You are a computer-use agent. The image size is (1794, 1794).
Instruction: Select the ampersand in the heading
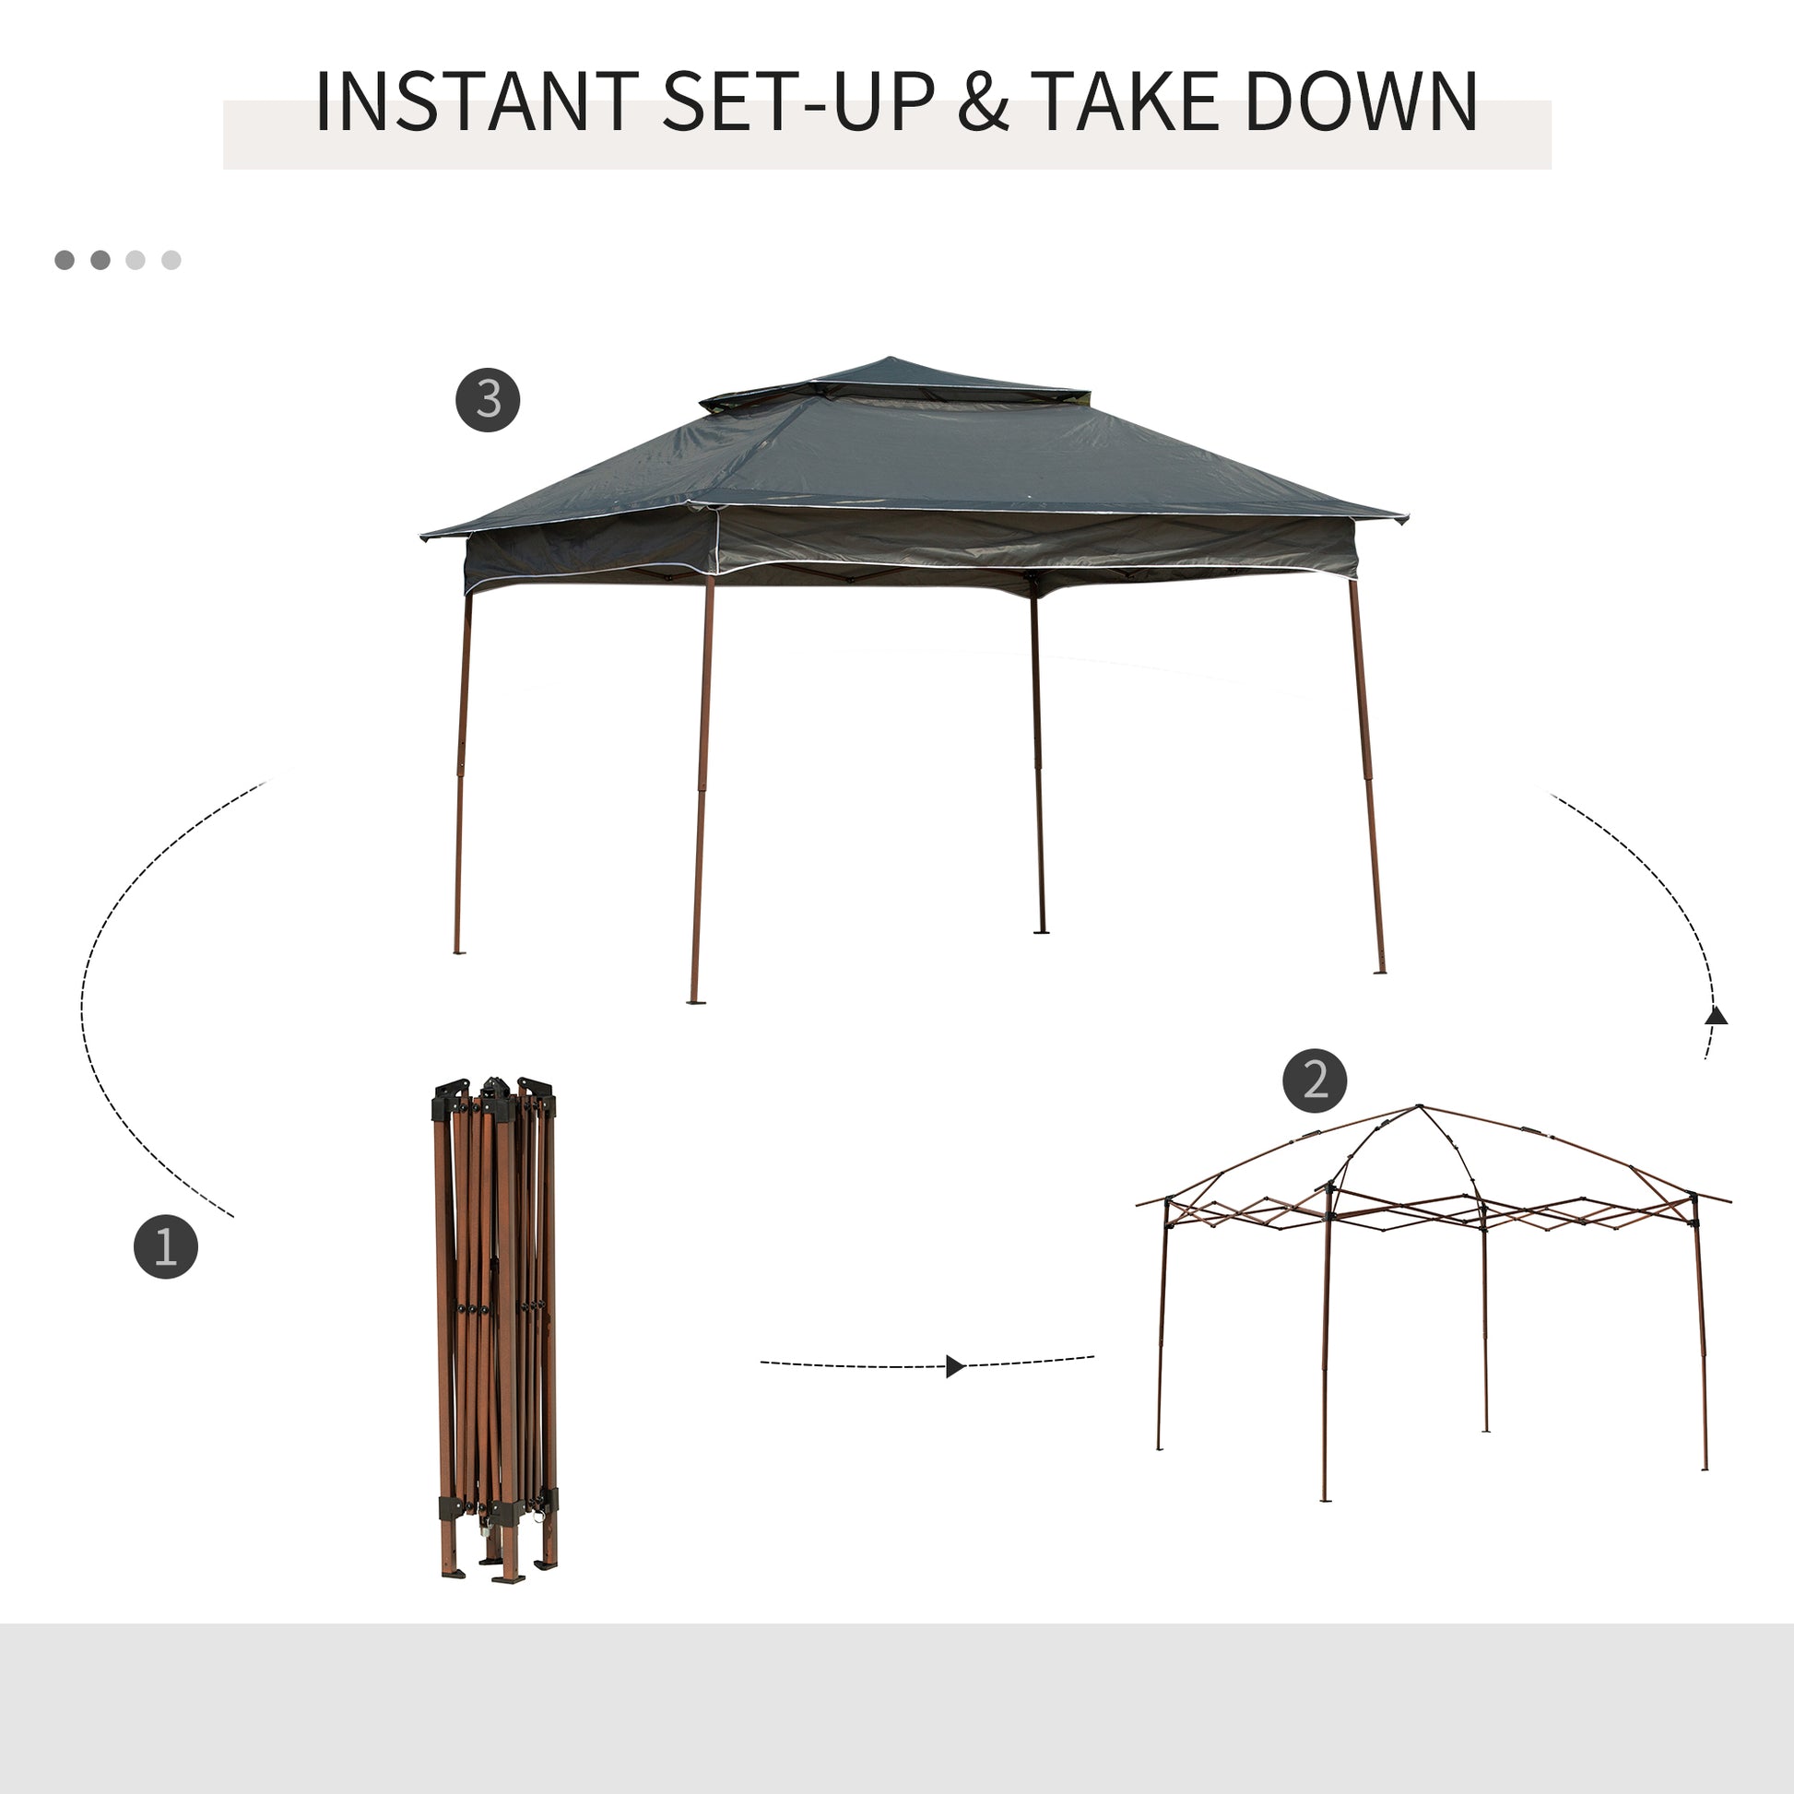click(x=984, y=101)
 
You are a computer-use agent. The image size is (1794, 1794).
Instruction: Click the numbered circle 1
click(x=165, y=1246)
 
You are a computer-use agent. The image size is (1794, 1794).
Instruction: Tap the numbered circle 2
click(x=1315, y=1080)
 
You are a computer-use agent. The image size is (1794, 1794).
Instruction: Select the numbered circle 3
click(x=488, y=400)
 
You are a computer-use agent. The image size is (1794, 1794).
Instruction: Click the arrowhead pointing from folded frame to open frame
click(x=954, y=1366)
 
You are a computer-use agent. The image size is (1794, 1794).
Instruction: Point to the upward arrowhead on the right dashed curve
click(x=1716, y=1016)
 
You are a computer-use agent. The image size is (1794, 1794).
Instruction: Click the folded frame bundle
click(x=495, y=1328)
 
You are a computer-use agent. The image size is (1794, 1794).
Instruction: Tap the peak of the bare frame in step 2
click(x=1418, y=1109)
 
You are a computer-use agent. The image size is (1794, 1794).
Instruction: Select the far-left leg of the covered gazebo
click(x=462, y=771)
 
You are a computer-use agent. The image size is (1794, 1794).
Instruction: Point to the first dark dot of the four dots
click(x=65, y=260)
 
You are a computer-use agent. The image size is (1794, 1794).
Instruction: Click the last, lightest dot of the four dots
click(x=171, y=260)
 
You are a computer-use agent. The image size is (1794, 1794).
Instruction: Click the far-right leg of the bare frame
click(x=1701, y=1347)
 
